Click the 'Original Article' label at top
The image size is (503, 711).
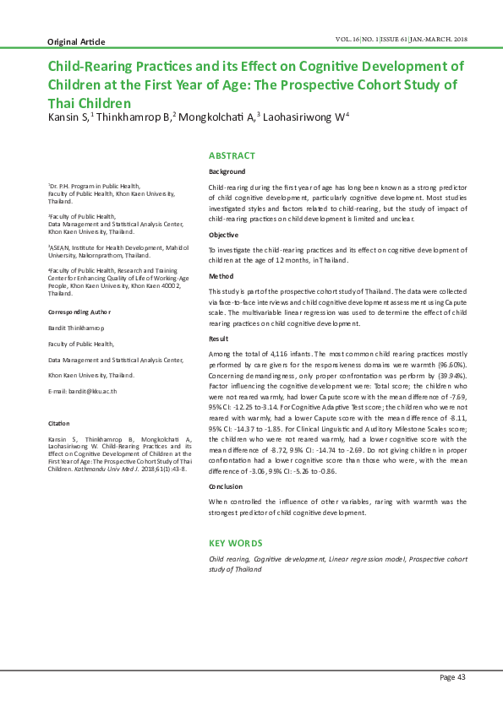(76, 41)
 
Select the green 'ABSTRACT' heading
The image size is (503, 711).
(232, 155)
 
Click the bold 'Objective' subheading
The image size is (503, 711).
(223, 234)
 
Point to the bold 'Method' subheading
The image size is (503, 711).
(221, 276)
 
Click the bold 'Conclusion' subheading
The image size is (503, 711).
(227, 487)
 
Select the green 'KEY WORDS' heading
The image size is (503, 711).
(235, 543)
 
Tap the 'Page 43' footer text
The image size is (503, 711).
(452, 677)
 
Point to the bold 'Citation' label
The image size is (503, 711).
(58, 422)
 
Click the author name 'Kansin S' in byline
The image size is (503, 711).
(68, 118)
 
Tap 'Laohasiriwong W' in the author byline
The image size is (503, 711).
(306, 118)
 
